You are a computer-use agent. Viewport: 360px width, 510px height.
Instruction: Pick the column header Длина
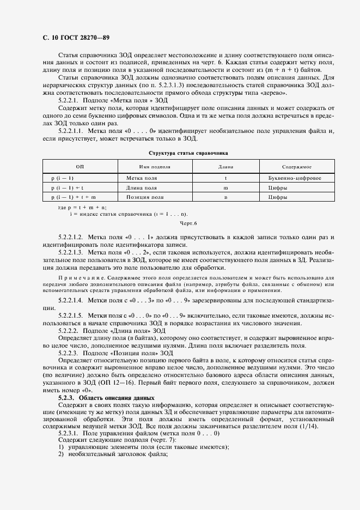(x=225, y=167)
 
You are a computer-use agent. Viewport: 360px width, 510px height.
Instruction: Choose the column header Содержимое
(x=296, y=167)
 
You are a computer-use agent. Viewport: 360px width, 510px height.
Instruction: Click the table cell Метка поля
(x=142, y=178)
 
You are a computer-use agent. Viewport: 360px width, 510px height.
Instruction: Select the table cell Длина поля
(x=142, y=187)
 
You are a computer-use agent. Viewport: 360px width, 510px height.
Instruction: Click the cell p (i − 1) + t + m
(x=74, y=197)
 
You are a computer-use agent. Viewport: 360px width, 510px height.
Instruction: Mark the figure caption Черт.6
(x=188, y=223)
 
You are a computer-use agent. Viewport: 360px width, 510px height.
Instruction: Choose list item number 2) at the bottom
(x=61, y=440)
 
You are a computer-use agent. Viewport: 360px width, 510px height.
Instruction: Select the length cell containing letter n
(x=225, y=197)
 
